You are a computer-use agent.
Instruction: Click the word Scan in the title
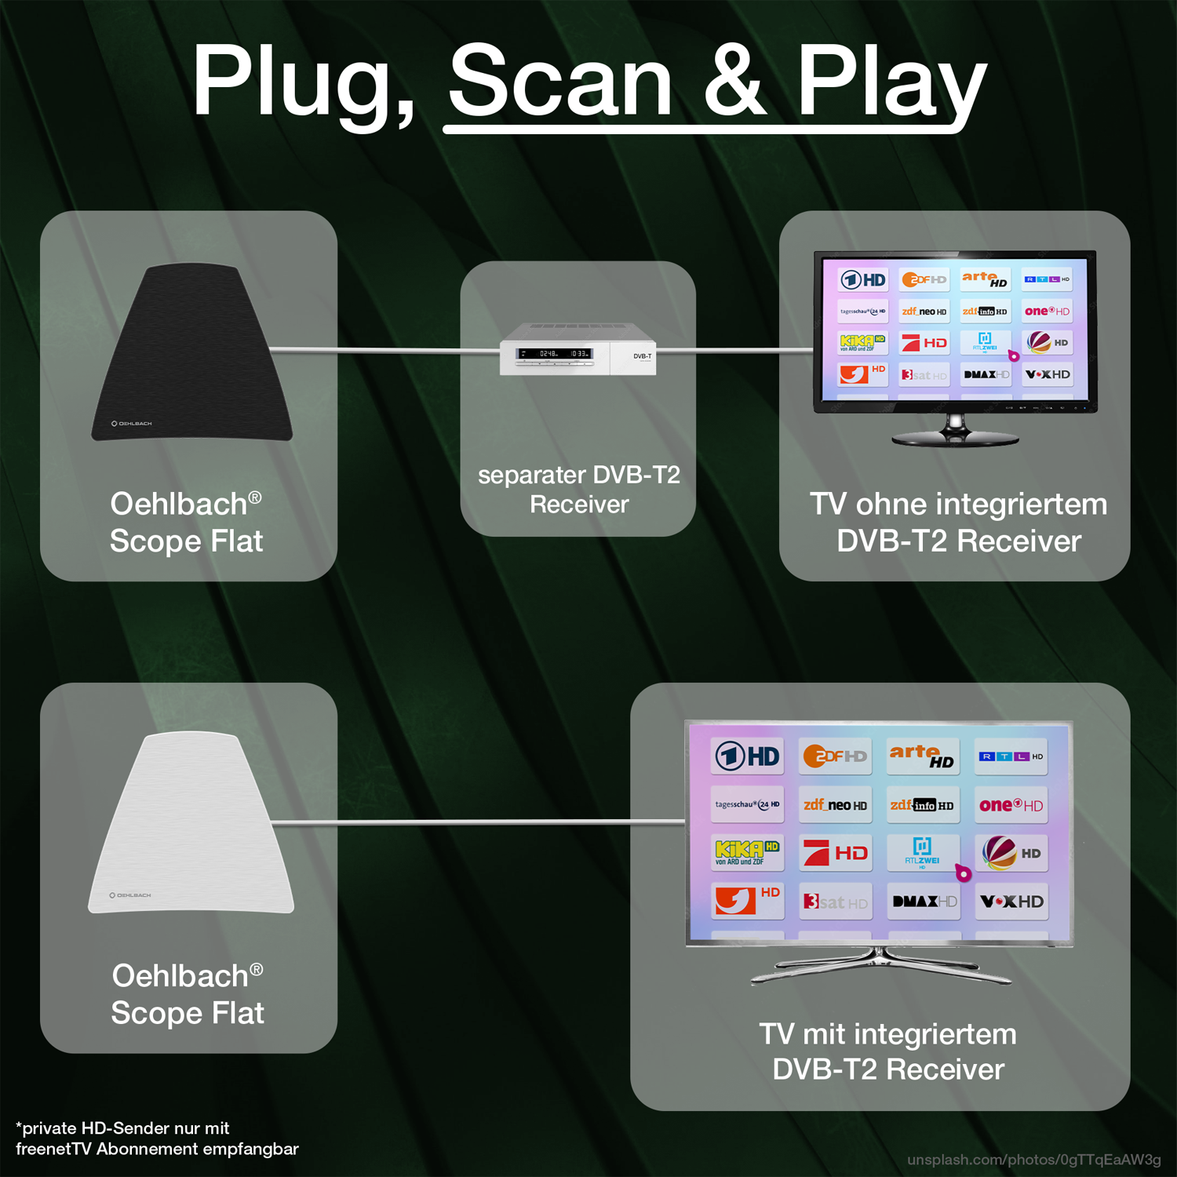click(x=560, y=81)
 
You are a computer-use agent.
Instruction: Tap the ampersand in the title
click(x=734, y=81)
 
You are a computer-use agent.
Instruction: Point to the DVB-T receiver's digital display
click(x=554, y=354)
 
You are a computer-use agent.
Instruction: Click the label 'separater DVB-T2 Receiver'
click(x=579, y=489)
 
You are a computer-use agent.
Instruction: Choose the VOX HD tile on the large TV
click(x=1011, y=902)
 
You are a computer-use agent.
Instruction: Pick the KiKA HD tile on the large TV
click(x=747, y=852)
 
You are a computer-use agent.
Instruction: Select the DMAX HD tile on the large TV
click(x=924, y=902)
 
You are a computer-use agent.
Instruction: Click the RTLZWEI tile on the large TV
click(x=922, y=852)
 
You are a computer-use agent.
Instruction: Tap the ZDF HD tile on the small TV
click(x=924, y=279)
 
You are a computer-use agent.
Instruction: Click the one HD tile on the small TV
click(x=1047, y=312)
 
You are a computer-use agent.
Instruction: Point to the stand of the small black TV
click(x=955, y=431)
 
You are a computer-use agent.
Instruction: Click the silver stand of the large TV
click(x=880, y=966)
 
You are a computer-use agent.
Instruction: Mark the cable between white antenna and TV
click(x=479, y=822)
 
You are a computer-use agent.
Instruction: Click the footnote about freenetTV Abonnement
click(x=157, y=1139)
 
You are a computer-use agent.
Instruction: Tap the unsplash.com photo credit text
click(x=1033, y=1160)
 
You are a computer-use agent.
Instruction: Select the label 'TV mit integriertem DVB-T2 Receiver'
click(x=887, y=1051)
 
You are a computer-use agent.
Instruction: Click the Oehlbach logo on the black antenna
click(x=132, y=424)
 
